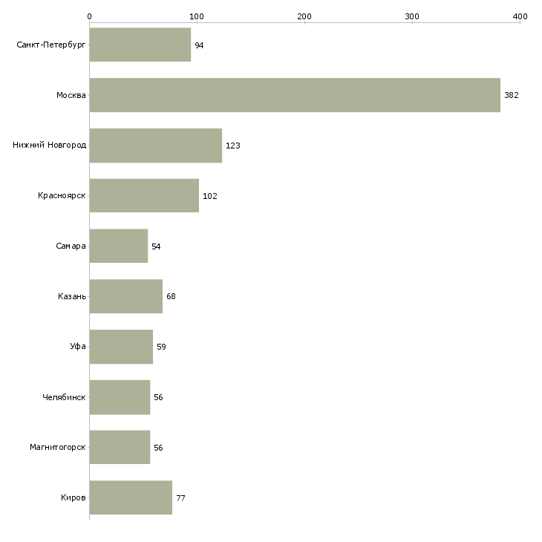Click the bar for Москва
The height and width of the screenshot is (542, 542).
coord(295,95)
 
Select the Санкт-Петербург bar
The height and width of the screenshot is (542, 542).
coord(140,45)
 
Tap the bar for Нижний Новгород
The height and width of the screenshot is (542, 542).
coord(156,146)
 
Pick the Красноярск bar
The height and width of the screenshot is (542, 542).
coord(144,196)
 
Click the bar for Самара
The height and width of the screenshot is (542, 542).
coord(119,246)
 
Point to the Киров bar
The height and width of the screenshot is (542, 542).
coord(131,497)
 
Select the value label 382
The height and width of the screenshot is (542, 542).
coord(511,96)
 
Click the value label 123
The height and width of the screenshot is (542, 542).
coord(232,146)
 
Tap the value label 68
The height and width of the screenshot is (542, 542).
coord(171,297)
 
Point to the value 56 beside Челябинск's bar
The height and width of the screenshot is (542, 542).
coord(158,397)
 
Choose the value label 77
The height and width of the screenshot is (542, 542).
coord(180,498)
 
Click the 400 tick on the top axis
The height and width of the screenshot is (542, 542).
coord(520,16)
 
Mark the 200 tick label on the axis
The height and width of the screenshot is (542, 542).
coord(304,16)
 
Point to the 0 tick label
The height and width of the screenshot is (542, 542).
coord(89,16)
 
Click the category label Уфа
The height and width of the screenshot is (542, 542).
coord(78,347)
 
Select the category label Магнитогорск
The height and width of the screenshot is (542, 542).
coord(58,448)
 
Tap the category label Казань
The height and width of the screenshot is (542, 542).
coord(72,296)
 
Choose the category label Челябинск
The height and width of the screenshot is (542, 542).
coord(64,397)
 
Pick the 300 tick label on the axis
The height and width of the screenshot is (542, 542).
coord(412,16)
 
